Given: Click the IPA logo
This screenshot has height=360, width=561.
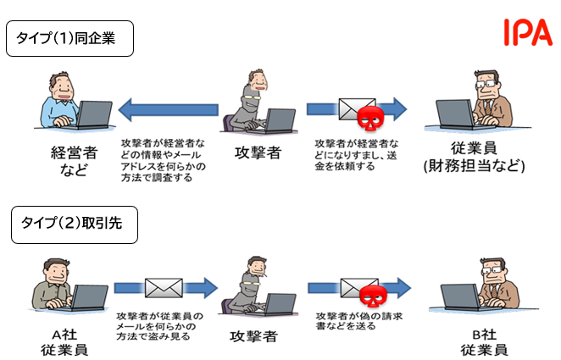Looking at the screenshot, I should (x=527, y=31).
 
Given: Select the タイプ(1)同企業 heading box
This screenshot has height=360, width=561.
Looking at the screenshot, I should (x=69, y=41).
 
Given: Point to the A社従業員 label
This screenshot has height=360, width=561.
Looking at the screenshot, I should (x=64, y=341).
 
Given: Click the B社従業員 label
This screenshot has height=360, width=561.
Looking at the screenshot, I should (x=484, y=341).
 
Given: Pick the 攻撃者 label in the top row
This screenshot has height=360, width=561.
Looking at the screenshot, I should (x=258, y=152).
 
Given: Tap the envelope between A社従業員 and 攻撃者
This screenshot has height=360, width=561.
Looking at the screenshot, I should (x=164, y=288).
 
